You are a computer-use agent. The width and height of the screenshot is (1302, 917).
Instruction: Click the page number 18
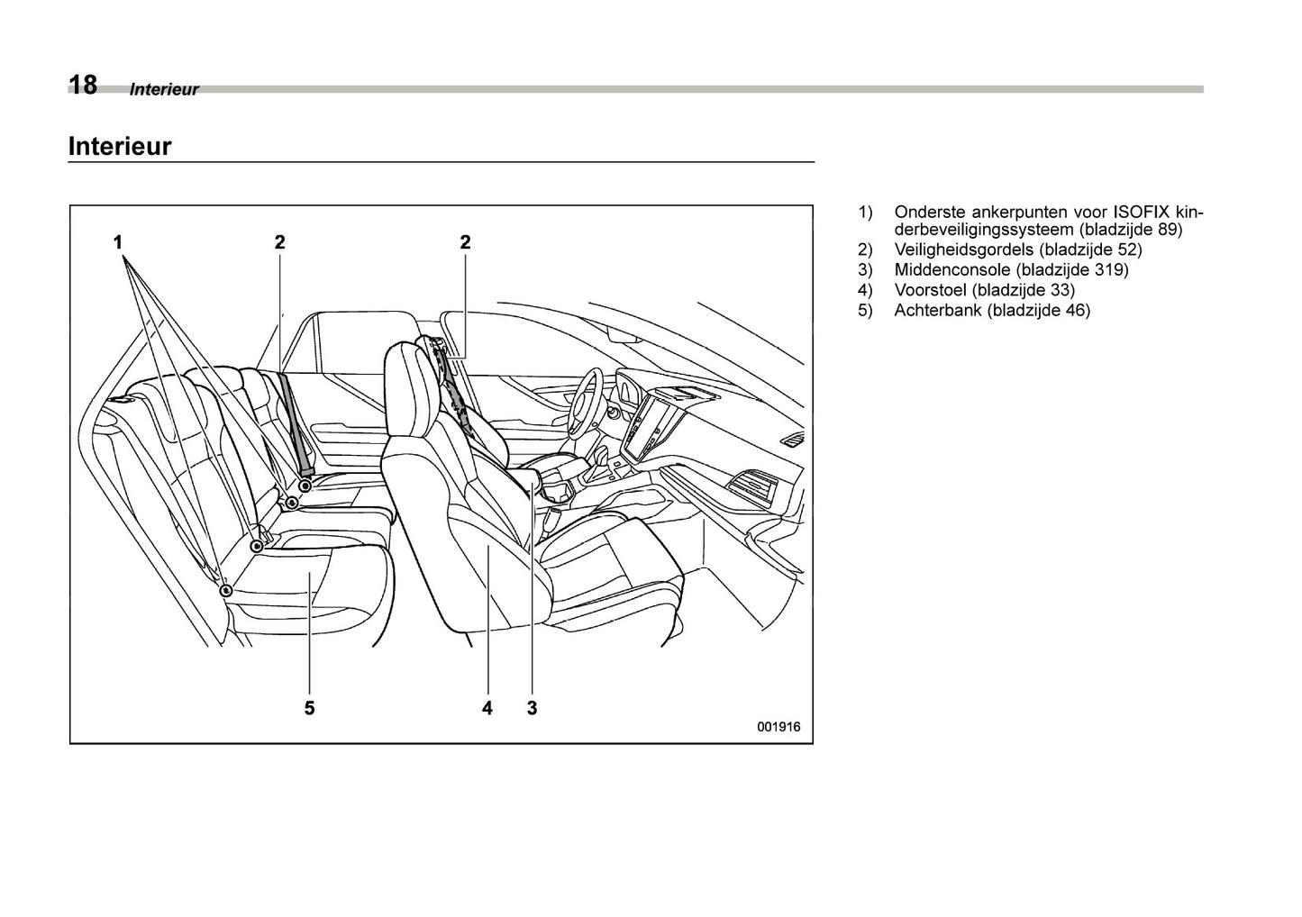[x=83, y=85]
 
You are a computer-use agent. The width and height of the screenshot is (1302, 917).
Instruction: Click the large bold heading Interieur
[x=119, y=146]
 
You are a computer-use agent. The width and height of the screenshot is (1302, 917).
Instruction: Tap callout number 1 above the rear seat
[x=118, y=241]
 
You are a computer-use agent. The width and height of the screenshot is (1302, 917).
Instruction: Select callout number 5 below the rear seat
[x=309, y=708]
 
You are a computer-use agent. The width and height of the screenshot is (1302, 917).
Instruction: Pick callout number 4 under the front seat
[x=487, y=708]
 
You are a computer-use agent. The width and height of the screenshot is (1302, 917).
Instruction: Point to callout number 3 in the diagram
[x=532, y=708]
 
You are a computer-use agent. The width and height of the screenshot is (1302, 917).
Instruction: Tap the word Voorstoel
[x=931, y=290]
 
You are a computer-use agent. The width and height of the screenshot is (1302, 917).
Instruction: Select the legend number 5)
[x=865, y=311]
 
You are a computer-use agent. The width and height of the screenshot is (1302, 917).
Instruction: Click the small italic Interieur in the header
[x=164, y=90]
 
